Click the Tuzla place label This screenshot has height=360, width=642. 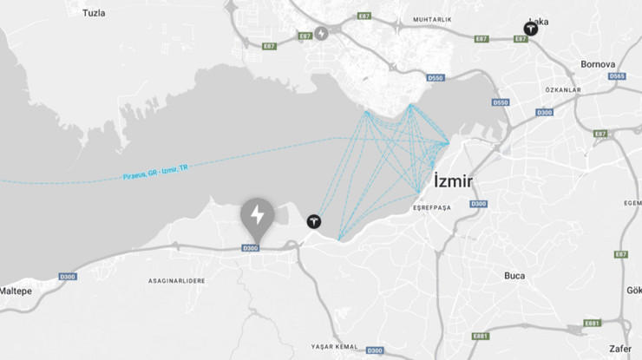pyautogui.click(x=94, y=13)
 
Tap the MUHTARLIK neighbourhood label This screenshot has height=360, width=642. pyautogui.click(x=434, y=18)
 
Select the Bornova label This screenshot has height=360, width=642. pyautogui.click(x=598, y=64)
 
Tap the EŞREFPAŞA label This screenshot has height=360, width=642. pyautogui.click(x=430, y=207)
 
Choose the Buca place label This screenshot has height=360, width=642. pyautogui.click(x=514, y=276)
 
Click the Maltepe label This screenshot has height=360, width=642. pyautogui.click(x=16, y=291)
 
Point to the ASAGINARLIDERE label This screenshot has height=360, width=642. pyautogui.click(x=176, y=281)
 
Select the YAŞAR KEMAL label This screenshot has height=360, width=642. pyautogui.click(x=334, y=347)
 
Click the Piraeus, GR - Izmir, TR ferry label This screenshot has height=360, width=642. pyautogui.click(x=155, y=173)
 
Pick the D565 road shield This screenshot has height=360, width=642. pyautogui.click(x=617, y=76)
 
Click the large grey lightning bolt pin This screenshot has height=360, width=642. pyautogui.click(x=257, y=216)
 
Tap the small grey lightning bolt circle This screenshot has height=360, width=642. pyautogui.click(x=321, y=33)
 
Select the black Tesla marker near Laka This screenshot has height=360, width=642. pyautogui.click(x=529, y=29)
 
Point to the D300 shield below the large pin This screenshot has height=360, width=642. pyautogui.click(x=251, y=248)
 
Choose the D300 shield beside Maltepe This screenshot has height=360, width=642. pyautogui.click(x=68, y=277)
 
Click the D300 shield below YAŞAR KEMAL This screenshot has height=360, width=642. pyautogui.click(x=374, y=350)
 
